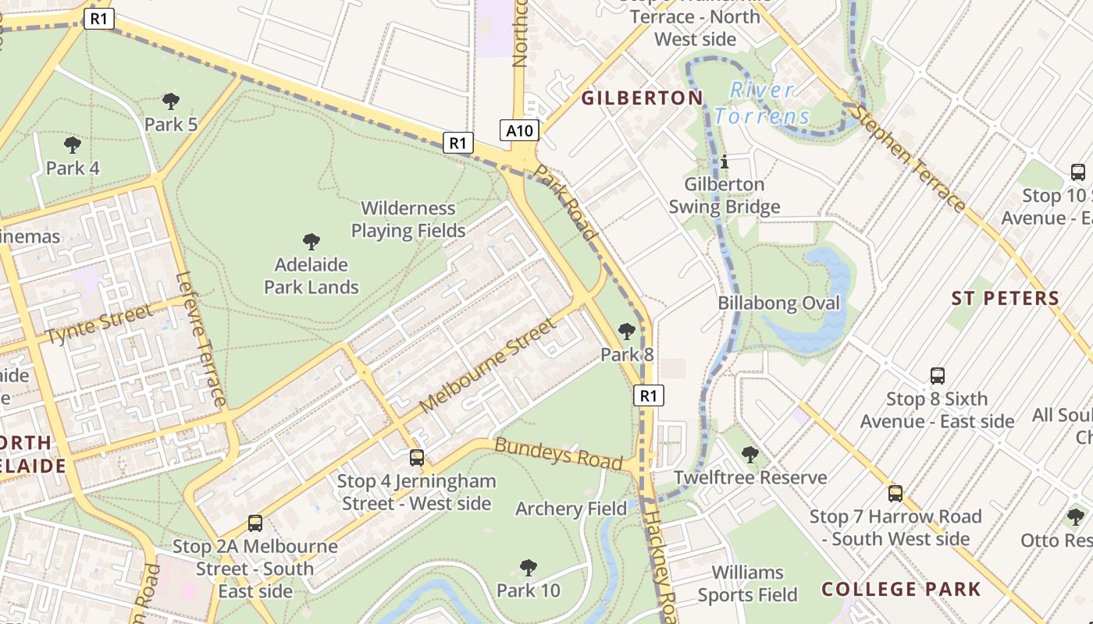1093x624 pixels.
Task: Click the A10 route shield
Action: coord(519,130)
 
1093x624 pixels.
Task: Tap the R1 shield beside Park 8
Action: coord(648,395)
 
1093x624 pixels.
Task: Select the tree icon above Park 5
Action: coord(170,101)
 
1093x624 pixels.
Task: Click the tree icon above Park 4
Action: coord(73,144)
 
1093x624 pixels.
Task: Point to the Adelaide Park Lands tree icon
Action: coord(312,241)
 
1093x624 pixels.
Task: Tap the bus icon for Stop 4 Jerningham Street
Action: coord(417,457)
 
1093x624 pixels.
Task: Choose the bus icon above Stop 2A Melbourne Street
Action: coord(255,523)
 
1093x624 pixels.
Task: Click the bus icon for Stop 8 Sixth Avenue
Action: coord(938,376)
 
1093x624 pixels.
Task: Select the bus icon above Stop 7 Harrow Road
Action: coord(895,493)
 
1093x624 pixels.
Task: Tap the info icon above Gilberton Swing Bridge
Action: coord(725,161)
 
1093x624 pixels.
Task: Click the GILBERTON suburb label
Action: coord(643,97)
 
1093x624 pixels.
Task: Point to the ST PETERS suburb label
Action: coord(1006,298)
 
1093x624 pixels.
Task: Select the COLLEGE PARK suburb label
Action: coord(901,589)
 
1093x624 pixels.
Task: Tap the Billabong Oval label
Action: coord(778,303)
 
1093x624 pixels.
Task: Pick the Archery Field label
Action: coord(571,509)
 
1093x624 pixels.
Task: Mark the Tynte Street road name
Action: coord(100,324)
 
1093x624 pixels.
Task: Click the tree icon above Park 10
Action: coord(529,567)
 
